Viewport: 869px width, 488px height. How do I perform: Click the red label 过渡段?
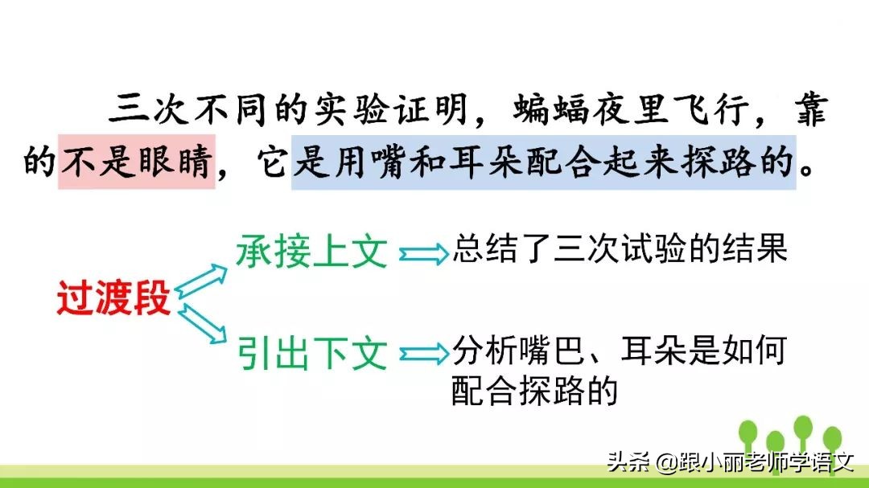click(x=113, y=300)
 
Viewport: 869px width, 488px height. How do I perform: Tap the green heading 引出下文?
click(x=312, y=354)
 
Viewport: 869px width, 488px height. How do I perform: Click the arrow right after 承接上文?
click(x=424, y=254)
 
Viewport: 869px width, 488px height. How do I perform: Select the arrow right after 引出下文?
click(x=424, y=354)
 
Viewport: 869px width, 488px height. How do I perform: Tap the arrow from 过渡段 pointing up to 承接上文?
click(x=202, y=277)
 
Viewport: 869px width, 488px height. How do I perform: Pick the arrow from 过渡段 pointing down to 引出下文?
click(x=202, y=323)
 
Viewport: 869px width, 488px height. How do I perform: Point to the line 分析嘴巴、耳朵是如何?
click(x=619, y=351)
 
